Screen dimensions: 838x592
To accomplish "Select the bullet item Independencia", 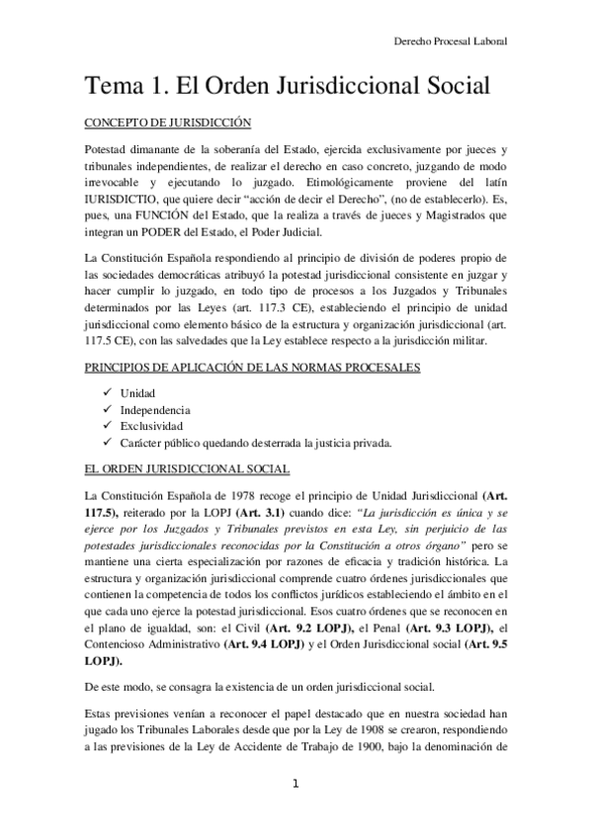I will coord(155,409).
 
